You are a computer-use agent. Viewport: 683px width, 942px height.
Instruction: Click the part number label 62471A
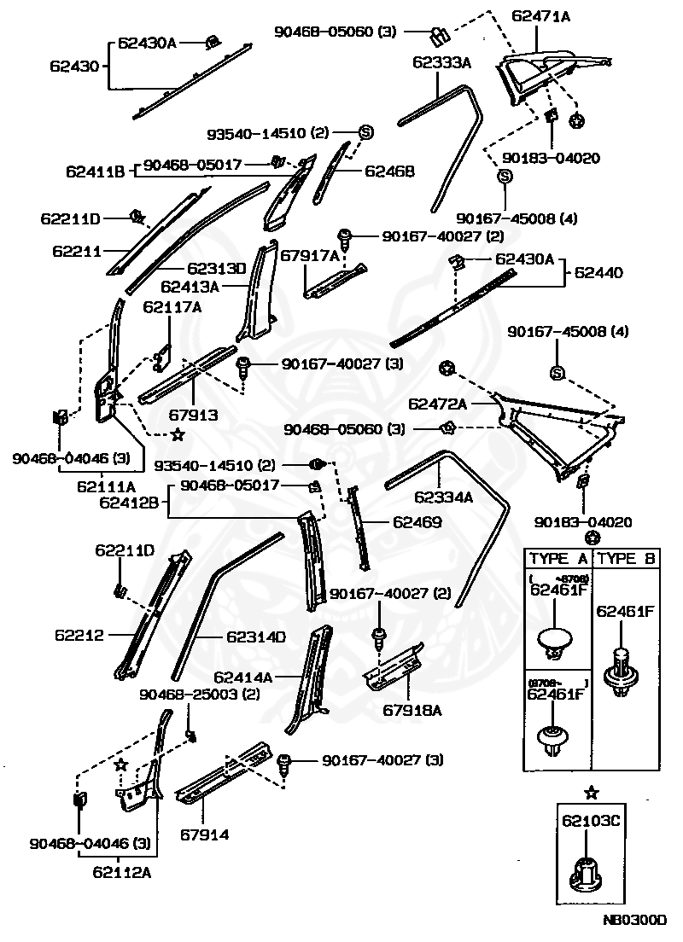pyautogui.click(x=541, y=15)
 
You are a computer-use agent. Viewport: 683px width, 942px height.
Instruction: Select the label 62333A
pyautogui.click(x=442, y=62)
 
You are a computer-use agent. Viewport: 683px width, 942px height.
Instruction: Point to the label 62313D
pyautogui.click(x=216, y=268)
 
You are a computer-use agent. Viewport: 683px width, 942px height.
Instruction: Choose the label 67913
pyautogui.click(x=193, y=416)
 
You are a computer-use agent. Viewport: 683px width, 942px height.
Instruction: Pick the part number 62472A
pyautogui.click(x=437, y=403)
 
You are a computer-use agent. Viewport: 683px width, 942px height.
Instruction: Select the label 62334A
pyautogui.click(x=443, y=497)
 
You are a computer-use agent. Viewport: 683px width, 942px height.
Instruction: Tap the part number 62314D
pyautogui.click(x=255, y=637)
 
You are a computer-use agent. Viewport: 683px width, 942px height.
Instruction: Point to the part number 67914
pyautogui.click(x=204, y=834)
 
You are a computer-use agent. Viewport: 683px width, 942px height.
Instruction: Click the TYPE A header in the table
pyautogui.click(x=558, y=559)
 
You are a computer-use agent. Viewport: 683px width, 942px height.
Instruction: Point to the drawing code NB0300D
pyautogui.click(x=632, y=921)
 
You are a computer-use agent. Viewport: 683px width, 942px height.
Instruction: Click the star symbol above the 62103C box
pyautogui.click(x=591, y=793)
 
